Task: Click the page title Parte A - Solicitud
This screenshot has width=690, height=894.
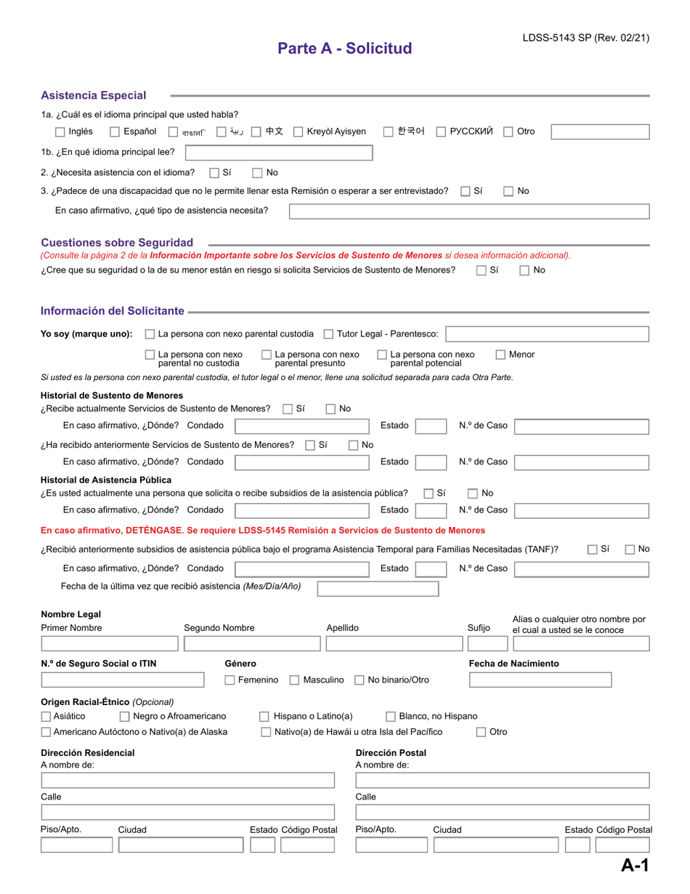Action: [x=344, y=49]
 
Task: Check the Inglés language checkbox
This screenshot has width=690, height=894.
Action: [x=60, y=132]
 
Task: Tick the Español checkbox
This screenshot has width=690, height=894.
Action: [x=115, y=132]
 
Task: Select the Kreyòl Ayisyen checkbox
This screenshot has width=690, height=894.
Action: [x=299, y=132]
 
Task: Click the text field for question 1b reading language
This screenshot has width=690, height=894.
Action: [x=279, y=153]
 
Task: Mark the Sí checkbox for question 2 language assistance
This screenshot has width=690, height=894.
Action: [x=214, y=173]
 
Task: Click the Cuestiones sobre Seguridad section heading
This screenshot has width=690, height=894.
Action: [x=117, y=242]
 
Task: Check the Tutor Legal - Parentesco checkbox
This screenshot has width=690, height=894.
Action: [x=328, y=334]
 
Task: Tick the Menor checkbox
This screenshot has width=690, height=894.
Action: [x=501, y=355]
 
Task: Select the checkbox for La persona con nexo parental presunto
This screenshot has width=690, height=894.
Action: [x=267, y=355]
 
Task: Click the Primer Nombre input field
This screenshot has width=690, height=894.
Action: [x=109, y=644]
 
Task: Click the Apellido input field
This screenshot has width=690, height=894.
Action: [x=392, y=644]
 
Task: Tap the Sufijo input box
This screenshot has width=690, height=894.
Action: [x=487, y=644]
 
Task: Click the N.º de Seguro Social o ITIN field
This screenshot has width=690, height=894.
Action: [x=123, y=680]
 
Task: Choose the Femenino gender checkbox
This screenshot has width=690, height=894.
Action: [x=230, y=680]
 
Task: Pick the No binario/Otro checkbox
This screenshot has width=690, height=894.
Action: [x=360, y=680]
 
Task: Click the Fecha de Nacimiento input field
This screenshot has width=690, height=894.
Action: [x=540, y=680]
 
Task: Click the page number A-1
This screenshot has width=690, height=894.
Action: [x=634, y=865]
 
